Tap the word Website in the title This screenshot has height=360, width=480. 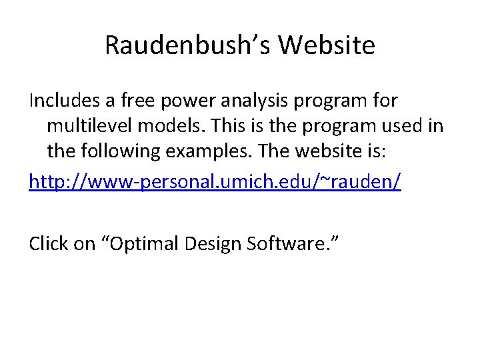pyautogui.click(x=327, y=46)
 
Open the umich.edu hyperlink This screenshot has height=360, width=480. pyautogui.click(x=215, y=181)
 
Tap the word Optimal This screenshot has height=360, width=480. pyautogui.click(x=144, y=244)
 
